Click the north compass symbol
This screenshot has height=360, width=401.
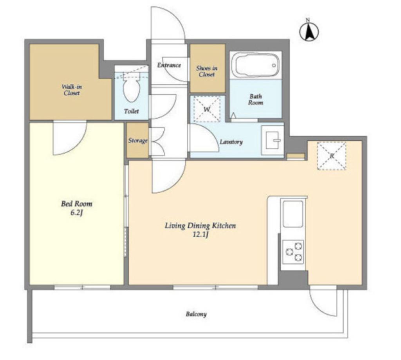coord(309,31)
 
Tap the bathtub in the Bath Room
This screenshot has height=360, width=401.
coord(256,65)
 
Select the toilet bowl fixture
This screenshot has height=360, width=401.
coord(132,87)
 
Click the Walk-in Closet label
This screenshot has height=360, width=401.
coord(72,90)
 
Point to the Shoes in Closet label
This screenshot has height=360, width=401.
coord(207,71)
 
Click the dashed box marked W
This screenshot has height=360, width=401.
coord(207,109)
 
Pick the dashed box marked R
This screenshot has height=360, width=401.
coord(331,156)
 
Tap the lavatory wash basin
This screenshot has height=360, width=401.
coord(273,140)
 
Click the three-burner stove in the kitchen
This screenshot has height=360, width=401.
coord(293,252)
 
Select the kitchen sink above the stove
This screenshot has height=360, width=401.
coord(293,214)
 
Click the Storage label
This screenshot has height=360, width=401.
coord(138,141)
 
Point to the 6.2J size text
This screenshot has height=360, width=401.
coord(76,213)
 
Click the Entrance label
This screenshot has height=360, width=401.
coord(169,65)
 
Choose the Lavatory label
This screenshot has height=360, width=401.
coord(231,142)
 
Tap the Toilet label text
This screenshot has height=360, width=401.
coord(132,111)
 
